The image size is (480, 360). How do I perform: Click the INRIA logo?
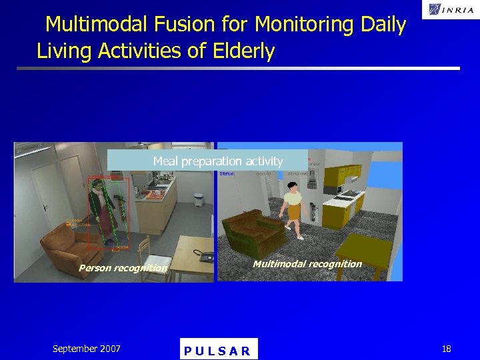[447, 9]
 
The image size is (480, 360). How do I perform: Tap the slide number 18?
[446, 349]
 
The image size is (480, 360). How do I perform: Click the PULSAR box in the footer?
[218, 350]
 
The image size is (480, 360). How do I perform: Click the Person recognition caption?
[123, 268]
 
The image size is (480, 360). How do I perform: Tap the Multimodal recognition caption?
[307, 264]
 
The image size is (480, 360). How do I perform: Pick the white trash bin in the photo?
[198, 199]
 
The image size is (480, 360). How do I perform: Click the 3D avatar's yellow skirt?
[295, 213]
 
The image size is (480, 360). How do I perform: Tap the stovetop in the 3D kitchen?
[346, 196]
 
